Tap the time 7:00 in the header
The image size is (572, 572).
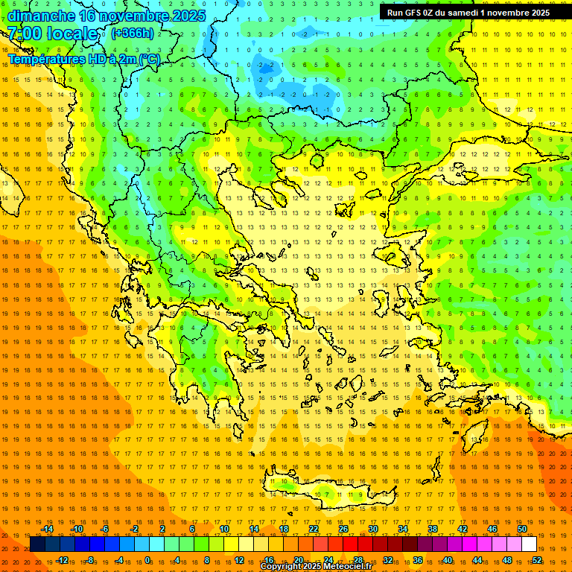(x=24, y=34)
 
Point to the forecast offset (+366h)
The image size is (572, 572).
(x=133, y=33)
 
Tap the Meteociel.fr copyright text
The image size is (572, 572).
(x=316, y=567)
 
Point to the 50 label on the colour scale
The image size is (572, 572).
(x=522, y=530)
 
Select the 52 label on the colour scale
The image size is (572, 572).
(x=537, y=560)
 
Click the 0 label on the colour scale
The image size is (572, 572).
(x=147, y=560)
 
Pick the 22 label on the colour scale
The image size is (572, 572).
(x=314, y=530)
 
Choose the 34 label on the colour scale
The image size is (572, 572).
(x=403, y=530)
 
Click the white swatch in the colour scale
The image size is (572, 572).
(x=529, y=544)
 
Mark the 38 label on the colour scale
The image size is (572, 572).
(x=433, y=530)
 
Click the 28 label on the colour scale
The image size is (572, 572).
(x=358, y=560)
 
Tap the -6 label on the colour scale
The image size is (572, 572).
(x=105, y=530)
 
